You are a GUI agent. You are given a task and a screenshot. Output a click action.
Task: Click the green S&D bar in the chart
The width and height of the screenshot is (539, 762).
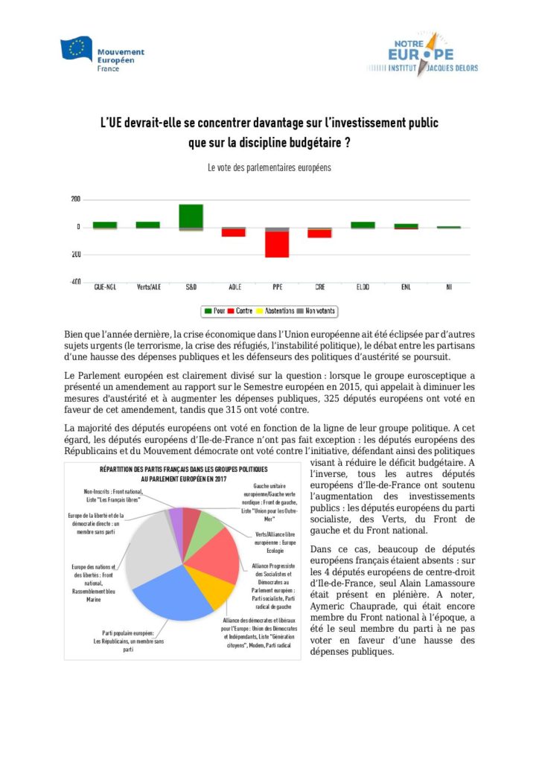pos(191,216)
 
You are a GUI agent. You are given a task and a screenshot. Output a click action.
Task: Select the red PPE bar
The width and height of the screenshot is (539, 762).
pos(277,245)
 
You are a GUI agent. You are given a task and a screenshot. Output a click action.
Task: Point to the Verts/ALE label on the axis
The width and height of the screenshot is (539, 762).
pos(147,286)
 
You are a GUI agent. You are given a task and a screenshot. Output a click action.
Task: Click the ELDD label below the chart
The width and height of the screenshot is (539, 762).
pos(363,286)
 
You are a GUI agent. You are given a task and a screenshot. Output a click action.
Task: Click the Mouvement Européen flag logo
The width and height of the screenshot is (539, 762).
pos(76,49)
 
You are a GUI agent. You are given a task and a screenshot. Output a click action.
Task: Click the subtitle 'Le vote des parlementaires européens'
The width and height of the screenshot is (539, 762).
pos(269,168)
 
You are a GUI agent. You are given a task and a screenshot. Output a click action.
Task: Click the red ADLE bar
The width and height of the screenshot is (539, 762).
pos(234,232)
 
